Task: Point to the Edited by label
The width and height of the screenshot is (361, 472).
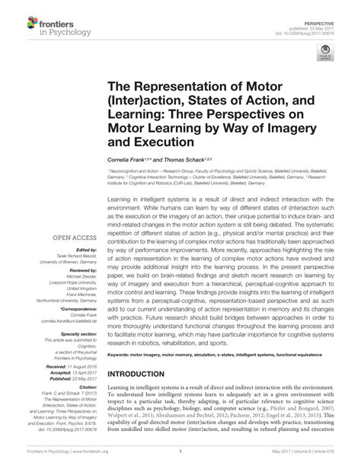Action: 77,250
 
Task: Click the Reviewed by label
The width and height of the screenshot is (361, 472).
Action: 74,269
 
